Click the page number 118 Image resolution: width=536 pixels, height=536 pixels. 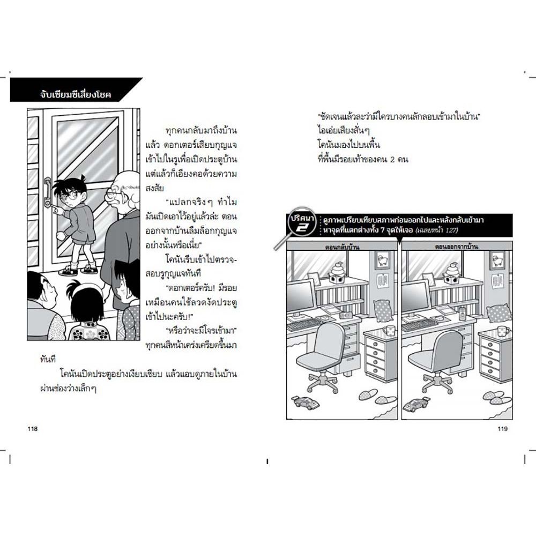[x=33, y=429]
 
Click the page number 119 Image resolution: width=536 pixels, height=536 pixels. [x=503, y=429]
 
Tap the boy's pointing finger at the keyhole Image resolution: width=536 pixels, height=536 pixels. [x=54, y=207]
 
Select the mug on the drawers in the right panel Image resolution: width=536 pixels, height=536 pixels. [x=503, y=330]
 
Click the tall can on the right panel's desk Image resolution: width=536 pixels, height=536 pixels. [x=463, y=313]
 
